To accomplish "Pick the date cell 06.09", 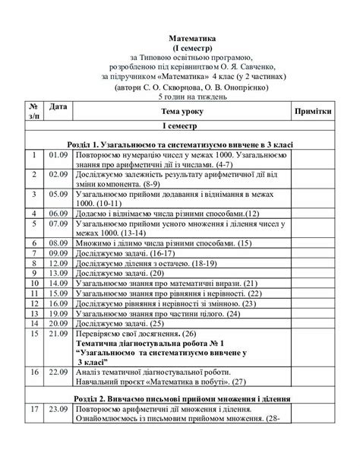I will click(58, 214).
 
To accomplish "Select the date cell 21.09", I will click(58, 332).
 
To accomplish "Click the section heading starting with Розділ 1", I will click(179, 144).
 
